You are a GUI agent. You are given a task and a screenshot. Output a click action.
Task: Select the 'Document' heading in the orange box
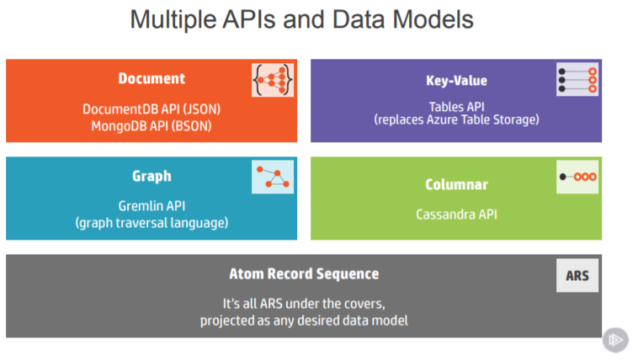152,79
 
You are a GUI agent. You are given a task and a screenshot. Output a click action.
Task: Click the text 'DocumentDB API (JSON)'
152,109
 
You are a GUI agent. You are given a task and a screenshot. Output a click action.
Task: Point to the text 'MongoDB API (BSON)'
152,126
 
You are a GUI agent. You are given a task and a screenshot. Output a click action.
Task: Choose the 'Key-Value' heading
456,81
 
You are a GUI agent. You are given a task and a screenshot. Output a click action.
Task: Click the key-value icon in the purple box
577,78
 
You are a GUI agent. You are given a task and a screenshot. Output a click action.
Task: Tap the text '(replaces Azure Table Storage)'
456,120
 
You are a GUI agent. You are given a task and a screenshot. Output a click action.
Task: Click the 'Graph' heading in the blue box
152,176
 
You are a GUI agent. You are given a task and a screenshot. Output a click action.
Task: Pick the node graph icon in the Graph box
273,177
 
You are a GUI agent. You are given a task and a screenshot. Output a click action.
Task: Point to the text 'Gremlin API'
152,206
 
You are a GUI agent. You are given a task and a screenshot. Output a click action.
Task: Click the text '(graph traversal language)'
152,223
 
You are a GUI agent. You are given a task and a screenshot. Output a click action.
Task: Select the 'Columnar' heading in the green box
456,184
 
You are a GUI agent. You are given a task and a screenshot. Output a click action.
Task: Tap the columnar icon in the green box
577,177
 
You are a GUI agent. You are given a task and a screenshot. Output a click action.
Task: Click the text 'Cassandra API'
456,214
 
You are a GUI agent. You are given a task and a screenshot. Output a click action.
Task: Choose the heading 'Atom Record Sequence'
304,274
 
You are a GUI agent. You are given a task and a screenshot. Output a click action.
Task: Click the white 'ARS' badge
577,275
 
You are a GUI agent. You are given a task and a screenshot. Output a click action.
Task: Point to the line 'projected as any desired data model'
304,320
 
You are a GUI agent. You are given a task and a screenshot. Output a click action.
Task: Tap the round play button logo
615,339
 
